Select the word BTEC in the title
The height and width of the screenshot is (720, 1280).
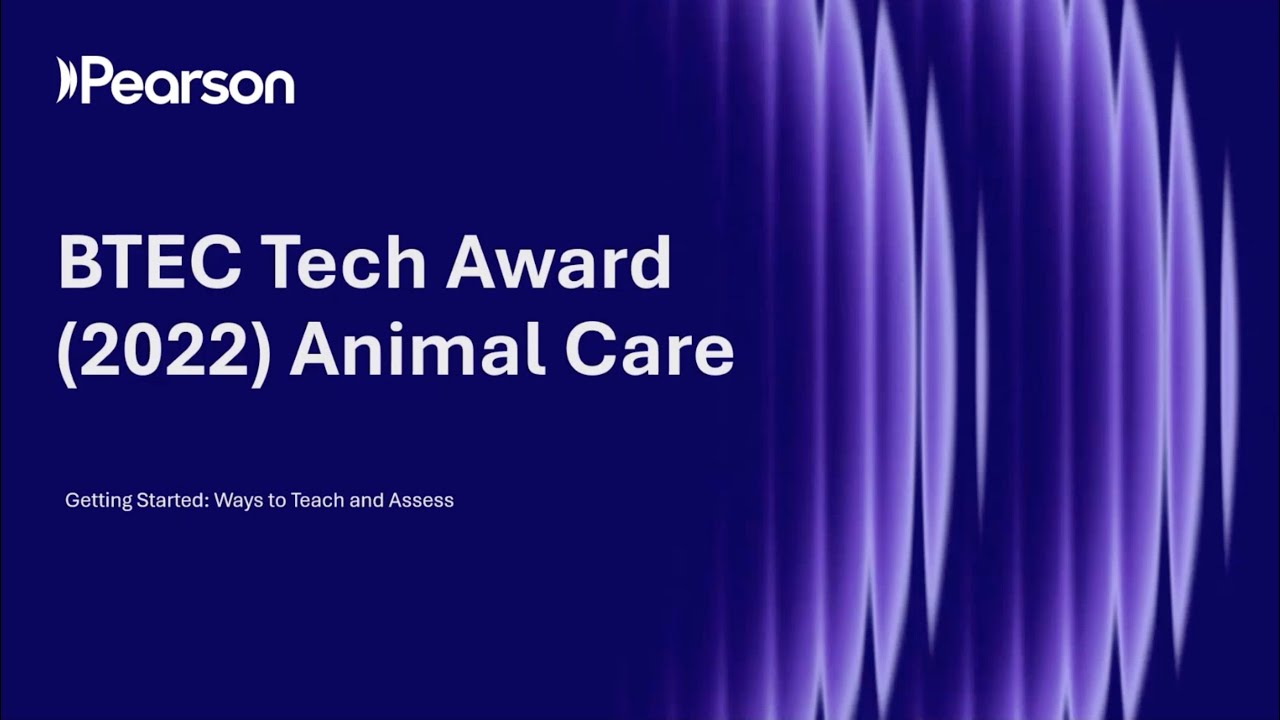coord(149,264)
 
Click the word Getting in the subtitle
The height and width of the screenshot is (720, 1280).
coord(95,500)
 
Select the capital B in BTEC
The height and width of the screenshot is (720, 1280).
coord(79,264)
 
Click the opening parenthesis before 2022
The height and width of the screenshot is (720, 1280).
coord(67,352)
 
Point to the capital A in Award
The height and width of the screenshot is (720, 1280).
coord(473,264)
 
